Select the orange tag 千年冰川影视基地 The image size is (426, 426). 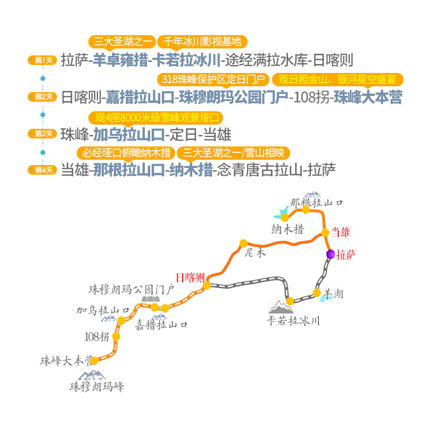[x=202, y=42]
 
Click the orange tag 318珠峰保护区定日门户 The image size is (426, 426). [x=212, y=79]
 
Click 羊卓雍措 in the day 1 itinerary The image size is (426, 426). [x=122, y=60]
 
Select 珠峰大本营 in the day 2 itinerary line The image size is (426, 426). [x=368, y=97]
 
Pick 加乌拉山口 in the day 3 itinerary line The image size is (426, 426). [x=128, y=134]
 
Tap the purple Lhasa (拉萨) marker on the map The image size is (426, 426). [x=331, y=254]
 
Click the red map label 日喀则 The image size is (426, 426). [x=190, y=277]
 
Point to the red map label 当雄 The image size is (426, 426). [x=341, y=232]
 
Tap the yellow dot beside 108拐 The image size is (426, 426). [x=116, y=337]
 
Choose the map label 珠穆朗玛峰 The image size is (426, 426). [x=97, y=387]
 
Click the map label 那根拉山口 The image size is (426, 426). [x=316, y=203]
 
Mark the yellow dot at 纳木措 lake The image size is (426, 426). [x=285, y=217]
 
